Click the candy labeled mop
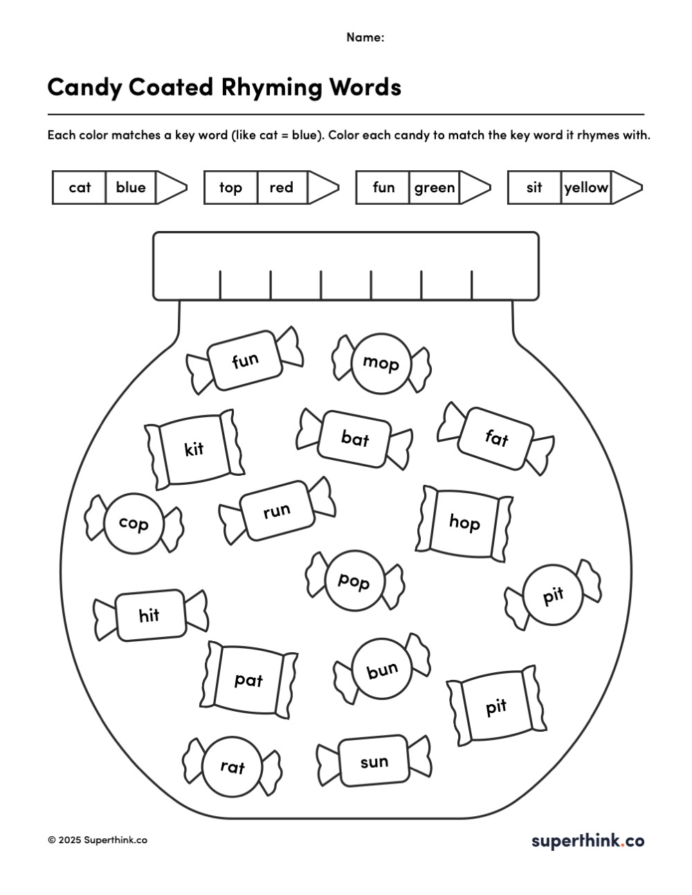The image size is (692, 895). coord(381,362)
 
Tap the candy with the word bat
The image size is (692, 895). coord(355,438)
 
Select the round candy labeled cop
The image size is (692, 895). coord(134,524)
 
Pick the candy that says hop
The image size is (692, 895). coord(464,522)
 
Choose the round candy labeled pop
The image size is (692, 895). coord(354,581)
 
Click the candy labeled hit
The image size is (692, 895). coord(149,615)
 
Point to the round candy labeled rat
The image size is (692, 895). coord(233,766)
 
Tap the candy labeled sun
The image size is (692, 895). coord(374,762)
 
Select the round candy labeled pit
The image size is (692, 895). coord(554,596)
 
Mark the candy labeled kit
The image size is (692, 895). coord(194,449)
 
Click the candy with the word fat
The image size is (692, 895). coord(496,438)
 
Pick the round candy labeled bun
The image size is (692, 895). coord(383,670)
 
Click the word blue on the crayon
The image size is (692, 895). coord(131,187)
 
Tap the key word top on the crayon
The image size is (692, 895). coord(230,187)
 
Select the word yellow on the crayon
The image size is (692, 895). coord(586,187)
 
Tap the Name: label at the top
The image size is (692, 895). coord(365,37)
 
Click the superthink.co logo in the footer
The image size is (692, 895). coord(588,840)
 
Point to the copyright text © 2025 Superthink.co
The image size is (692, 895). coord(98,840)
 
